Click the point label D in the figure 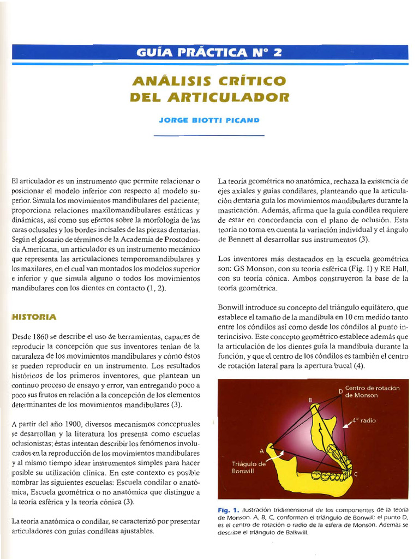[340, 391]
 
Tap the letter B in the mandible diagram [310, 400]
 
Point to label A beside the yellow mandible [261, 450]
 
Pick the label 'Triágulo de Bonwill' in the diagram [248, 467]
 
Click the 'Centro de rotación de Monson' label [372, 391]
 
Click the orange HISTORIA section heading [34, 317]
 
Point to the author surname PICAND [243, 119]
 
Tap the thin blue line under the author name [209, 135]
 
